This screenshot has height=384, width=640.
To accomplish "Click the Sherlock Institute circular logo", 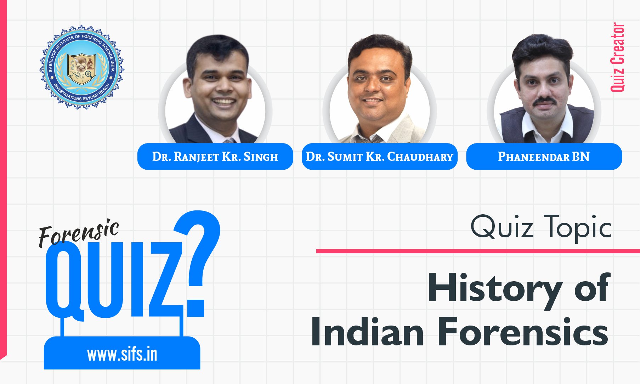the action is [x=81, y=67].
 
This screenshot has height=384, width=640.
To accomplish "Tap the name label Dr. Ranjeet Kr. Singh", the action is [x=215, y=157].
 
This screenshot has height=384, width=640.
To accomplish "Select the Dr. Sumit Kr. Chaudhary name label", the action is [x=379, y=157].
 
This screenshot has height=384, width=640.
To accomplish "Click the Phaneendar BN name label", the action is [x=544, y=157].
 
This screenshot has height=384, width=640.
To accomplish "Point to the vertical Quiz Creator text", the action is [x=618, y=57].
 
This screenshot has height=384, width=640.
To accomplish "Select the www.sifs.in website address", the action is [x=122, y=355].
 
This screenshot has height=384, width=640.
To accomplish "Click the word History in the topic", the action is [x=494, y=289].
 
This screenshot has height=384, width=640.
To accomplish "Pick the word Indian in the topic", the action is [x=367, y=332].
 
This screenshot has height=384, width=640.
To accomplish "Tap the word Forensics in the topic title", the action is [x=523, y=332].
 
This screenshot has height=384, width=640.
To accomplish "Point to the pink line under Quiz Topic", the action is [x=478, y=251].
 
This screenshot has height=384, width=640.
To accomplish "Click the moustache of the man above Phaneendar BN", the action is [x=544, y=101].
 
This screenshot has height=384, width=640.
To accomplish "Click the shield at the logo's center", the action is [x=82, y=69].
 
